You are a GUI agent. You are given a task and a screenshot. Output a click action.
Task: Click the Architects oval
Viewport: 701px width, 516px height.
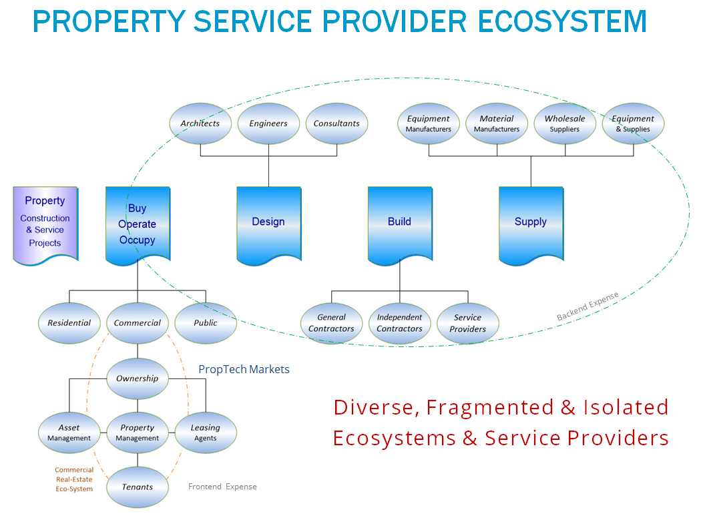tap(200, 123)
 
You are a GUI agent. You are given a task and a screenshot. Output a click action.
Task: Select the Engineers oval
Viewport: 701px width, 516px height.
tap(268, 123)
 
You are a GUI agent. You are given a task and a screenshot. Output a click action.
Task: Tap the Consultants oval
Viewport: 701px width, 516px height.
tap(336, 123)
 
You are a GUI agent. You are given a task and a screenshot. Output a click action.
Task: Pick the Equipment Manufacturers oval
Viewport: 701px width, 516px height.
tap(429, 123)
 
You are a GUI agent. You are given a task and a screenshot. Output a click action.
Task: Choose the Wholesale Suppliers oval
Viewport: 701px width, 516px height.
tap(565, 123)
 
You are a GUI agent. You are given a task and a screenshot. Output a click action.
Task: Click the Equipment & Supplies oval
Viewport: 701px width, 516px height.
tap(633, 123)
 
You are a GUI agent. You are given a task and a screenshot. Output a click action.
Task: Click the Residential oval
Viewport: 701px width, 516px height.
tap(69, 323)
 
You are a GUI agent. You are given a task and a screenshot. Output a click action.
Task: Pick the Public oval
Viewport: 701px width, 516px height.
tap(206, 323)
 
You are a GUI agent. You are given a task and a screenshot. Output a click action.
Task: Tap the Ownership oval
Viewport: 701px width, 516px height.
tap(138, 378)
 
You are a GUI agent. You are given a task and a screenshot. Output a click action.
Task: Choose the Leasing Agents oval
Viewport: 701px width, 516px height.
tap(206, 433)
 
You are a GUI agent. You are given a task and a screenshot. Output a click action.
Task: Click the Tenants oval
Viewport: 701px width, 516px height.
tap(138, 487)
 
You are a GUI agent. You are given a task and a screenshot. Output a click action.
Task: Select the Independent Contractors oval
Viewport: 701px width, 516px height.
tap(400, 323)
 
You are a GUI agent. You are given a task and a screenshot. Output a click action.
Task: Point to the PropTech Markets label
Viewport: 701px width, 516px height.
tap(244, 369)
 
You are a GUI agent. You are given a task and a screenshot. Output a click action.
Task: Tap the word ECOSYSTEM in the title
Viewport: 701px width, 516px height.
tap(562, 21)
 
